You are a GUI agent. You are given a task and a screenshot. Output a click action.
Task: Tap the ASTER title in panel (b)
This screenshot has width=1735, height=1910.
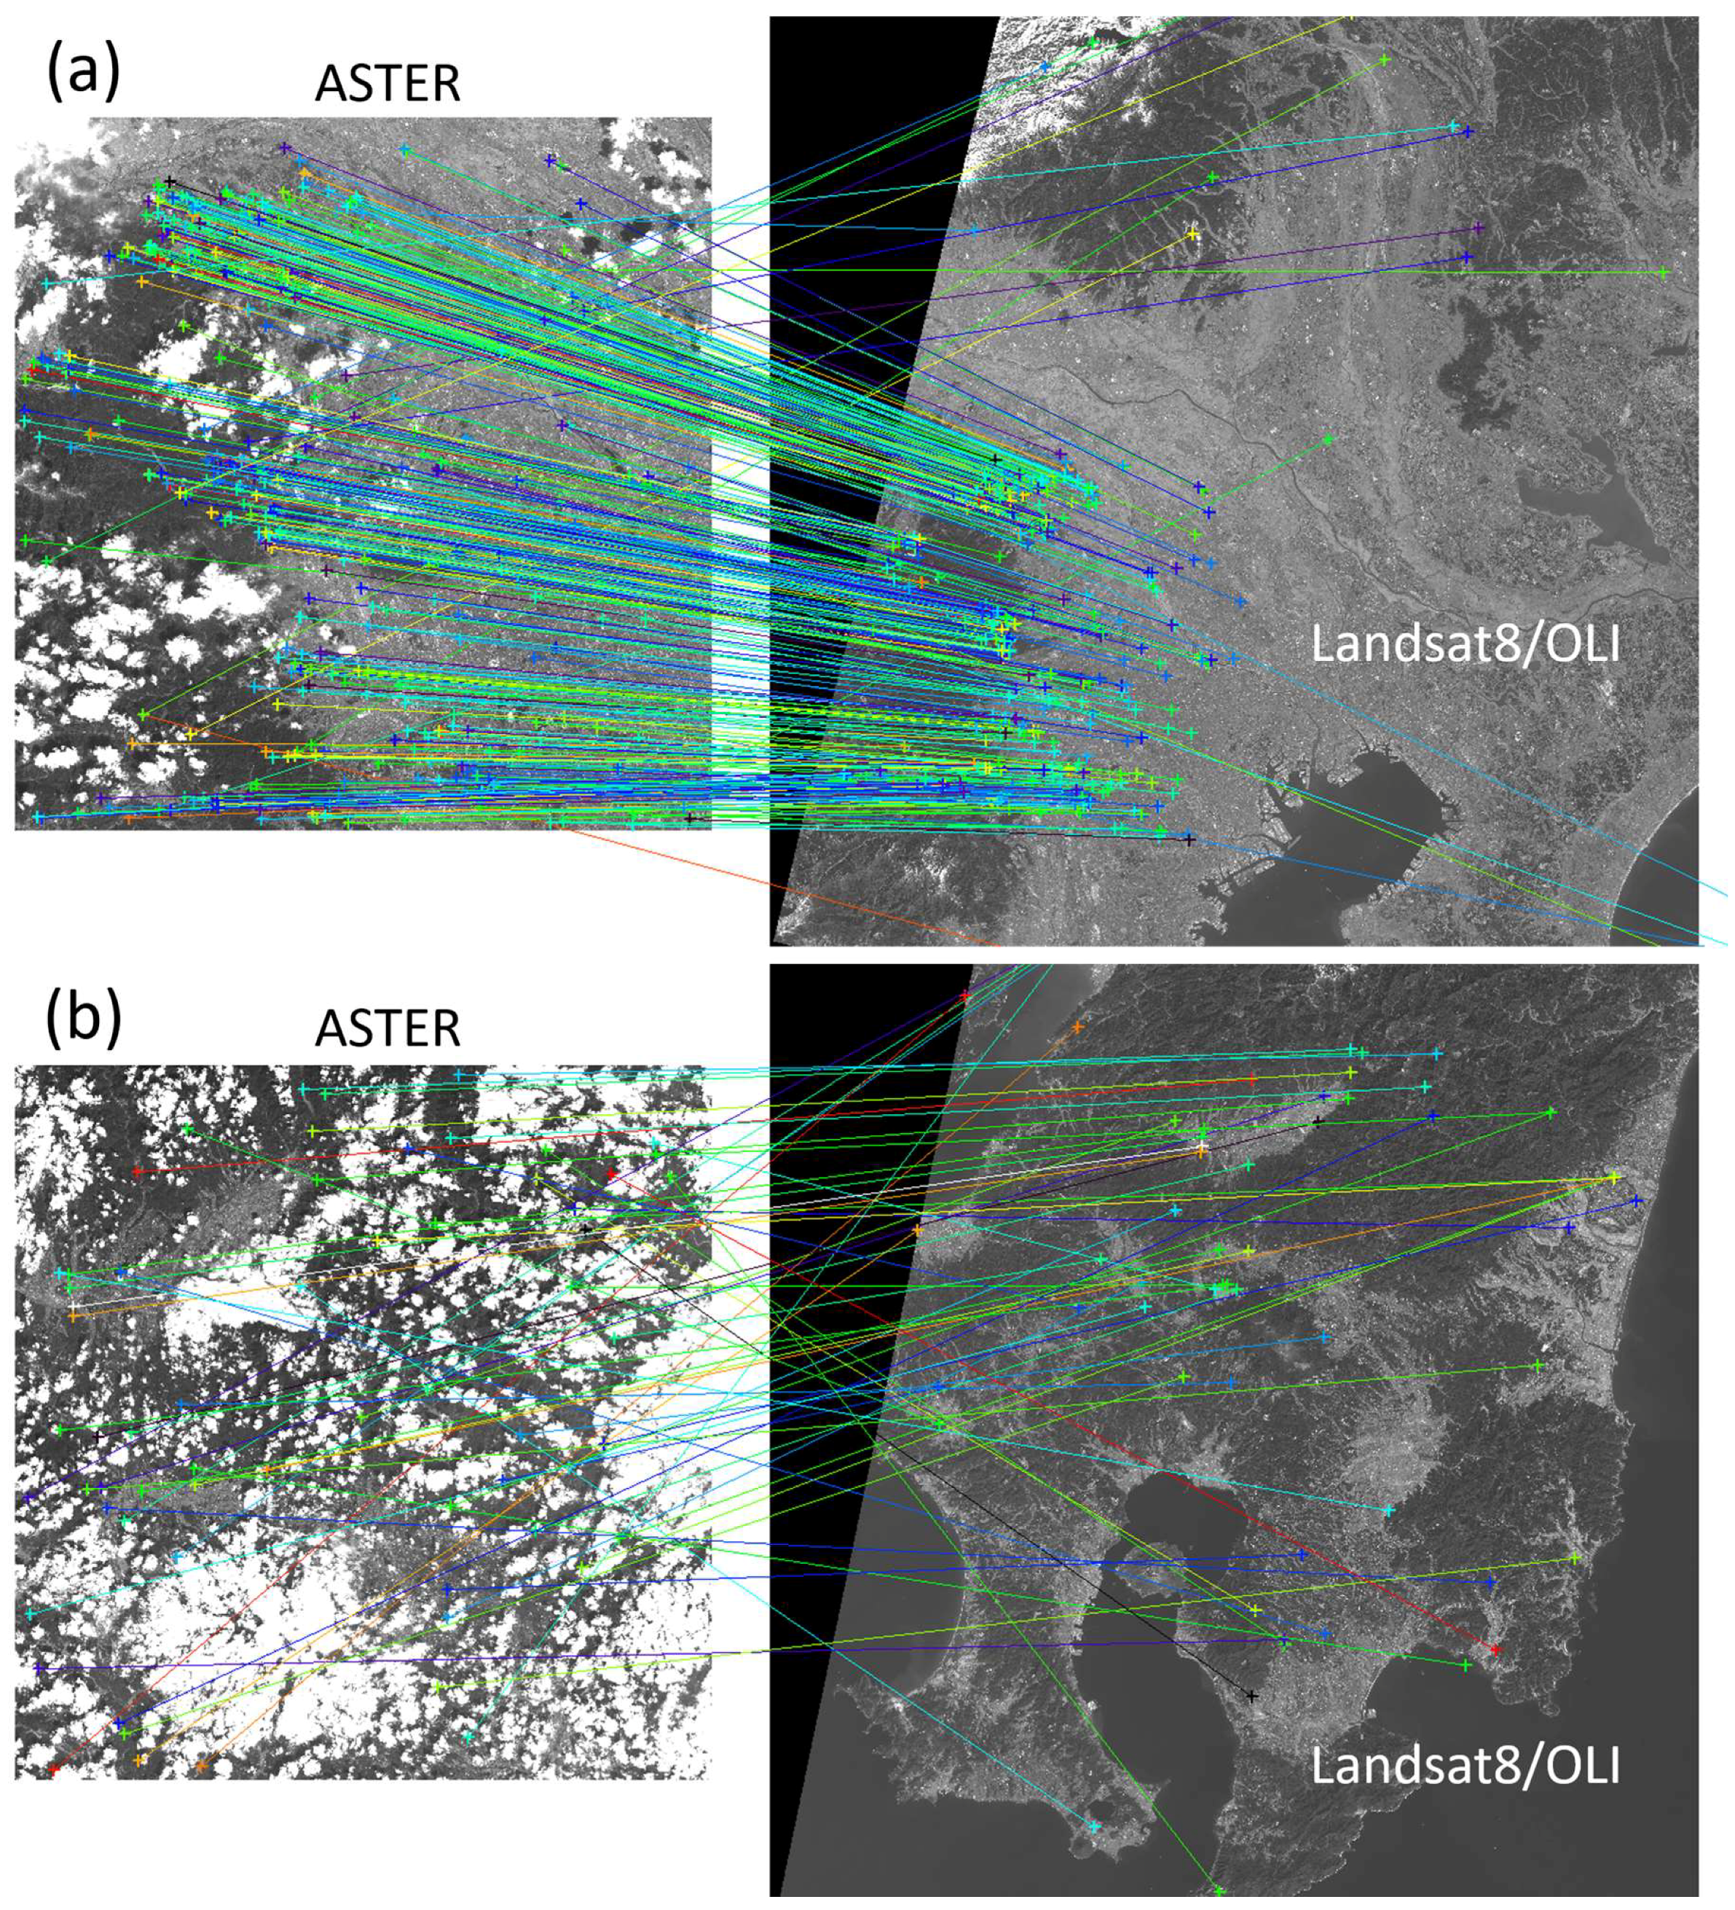click(x=387, y=1029)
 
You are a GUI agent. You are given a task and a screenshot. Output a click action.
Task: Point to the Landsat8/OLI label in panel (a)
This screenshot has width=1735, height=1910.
click(x=1465, y=644)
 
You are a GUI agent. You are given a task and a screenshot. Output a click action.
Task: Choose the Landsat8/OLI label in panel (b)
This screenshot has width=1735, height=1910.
click(x=1465, y=1767)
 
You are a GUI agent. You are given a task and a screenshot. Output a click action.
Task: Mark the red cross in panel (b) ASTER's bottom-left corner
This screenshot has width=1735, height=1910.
click(x=54, y=1768)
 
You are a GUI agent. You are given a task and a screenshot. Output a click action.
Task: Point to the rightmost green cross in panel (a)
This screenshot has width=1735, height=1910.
click(x=1663, y=273)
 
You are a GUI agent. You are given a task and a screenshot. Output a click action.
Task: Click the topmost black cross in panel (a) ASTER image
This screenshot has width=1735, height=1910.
click(x=170, y=180)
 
